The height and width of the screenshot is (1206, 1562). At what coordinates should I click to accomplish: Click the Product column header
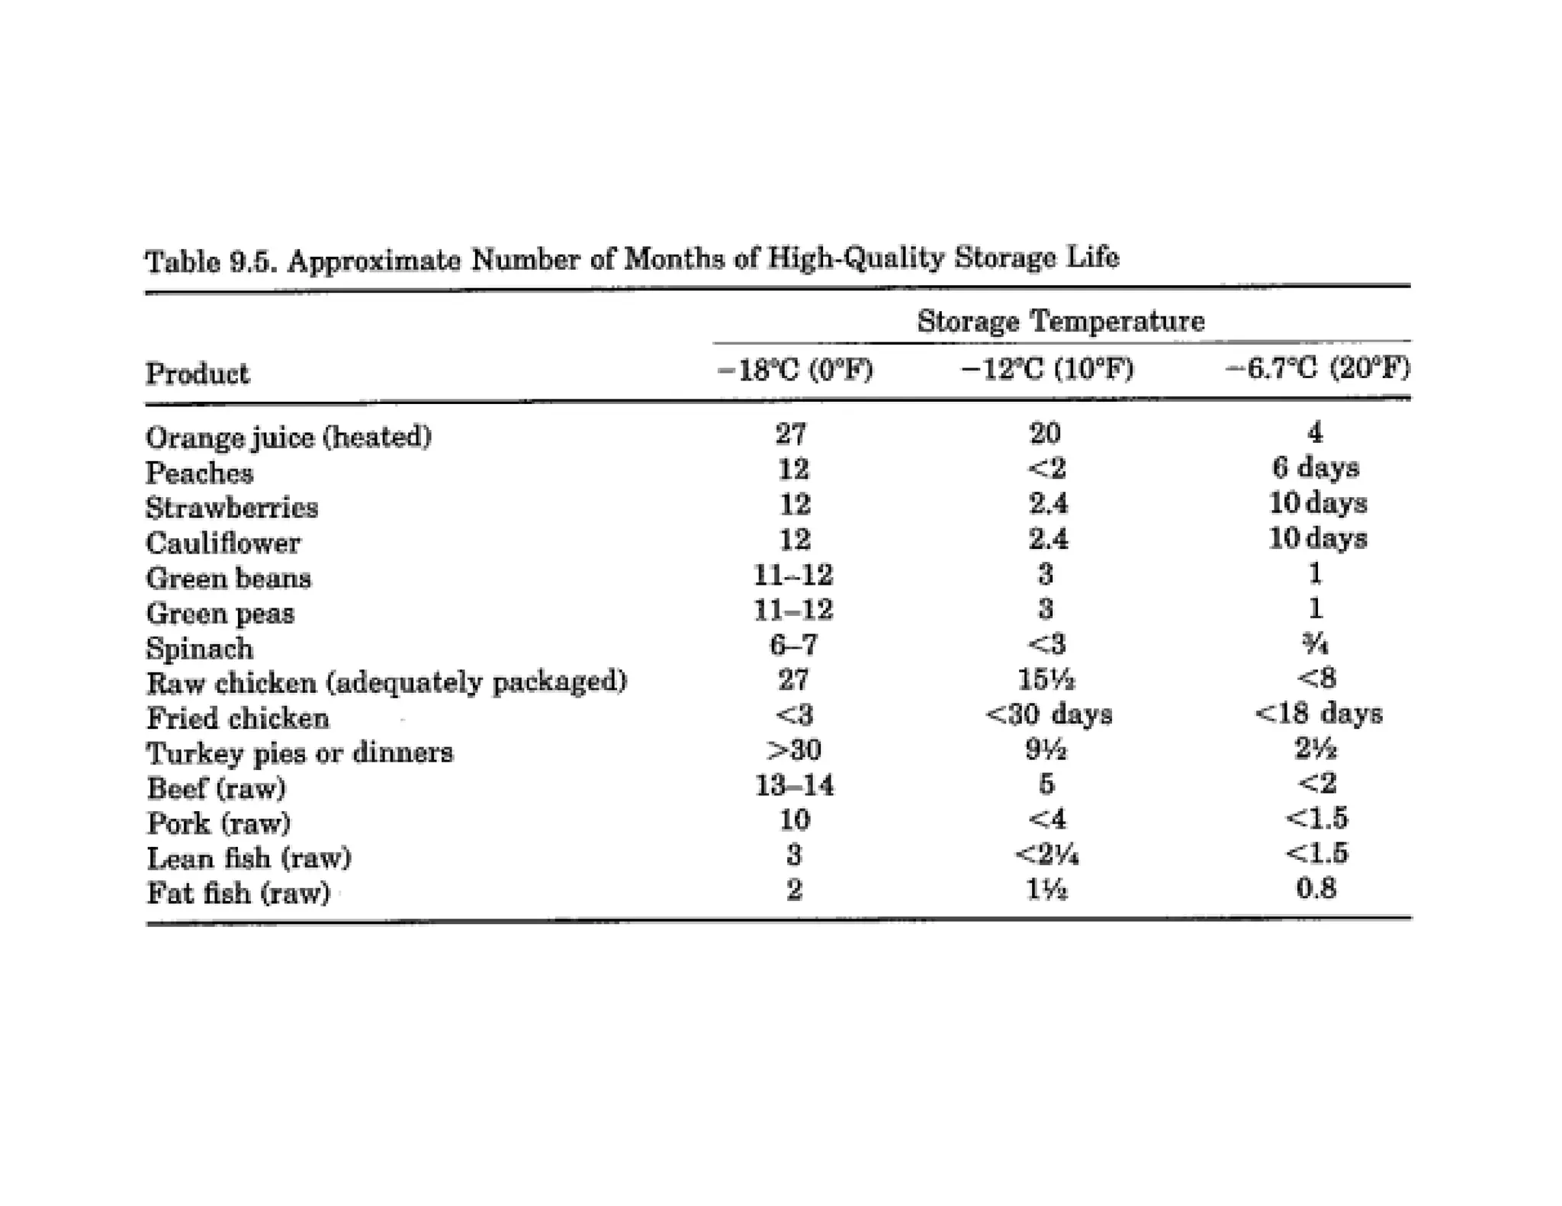(x=197, y=374)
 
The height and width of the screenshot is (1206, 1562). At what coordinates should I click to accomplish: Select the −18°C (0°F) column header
(x=795, y=370)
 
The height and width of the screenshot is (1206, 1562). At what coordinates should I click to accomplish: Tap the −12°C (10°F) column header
(x=1047, y=370)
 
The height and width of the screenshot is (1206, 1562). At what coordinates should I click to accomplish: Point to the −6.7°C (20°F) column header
(x=1317, y=369)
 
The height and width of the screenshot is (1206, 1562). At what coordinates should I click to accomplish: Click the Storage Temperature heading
(x=1060, y=321)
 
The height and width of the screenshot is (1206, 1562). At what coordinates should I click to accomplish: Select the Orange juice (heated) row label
(x=288, y=437)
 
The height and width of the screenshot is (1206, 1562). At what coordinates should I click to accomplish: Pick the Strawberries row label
(x=232, y=508)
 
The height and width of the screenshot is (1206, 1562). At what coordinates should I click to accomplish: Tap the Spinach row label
(x=199, y=648)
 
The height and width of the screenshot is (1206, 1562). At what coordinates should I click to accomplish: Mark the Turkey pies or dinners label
(x=300, y=753)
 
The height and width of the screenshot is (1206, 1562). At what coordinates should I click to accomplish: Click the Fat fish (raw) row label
(x=238, y=892)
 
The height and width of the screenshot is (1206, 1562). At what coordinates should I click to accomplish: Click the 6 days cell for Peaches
(x=1316, y=467)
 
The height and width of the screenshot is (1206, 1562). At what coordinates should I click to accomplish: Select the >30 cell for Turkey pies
(x=794, y=750)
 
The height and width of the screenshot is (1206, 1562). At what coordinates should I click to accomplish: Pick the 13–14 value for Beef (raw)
(x=794, y=785)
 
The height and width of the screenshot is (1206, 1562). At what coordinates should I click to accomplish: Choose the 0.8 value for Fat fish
(x=1316, y=889)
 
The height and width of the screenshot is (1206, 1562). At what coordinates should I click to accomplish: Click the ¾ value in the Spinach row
(x=1316, y=645)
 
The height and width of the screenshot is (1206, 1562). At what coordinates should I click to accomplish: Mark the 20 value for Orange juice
(x=1045, y=434)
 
